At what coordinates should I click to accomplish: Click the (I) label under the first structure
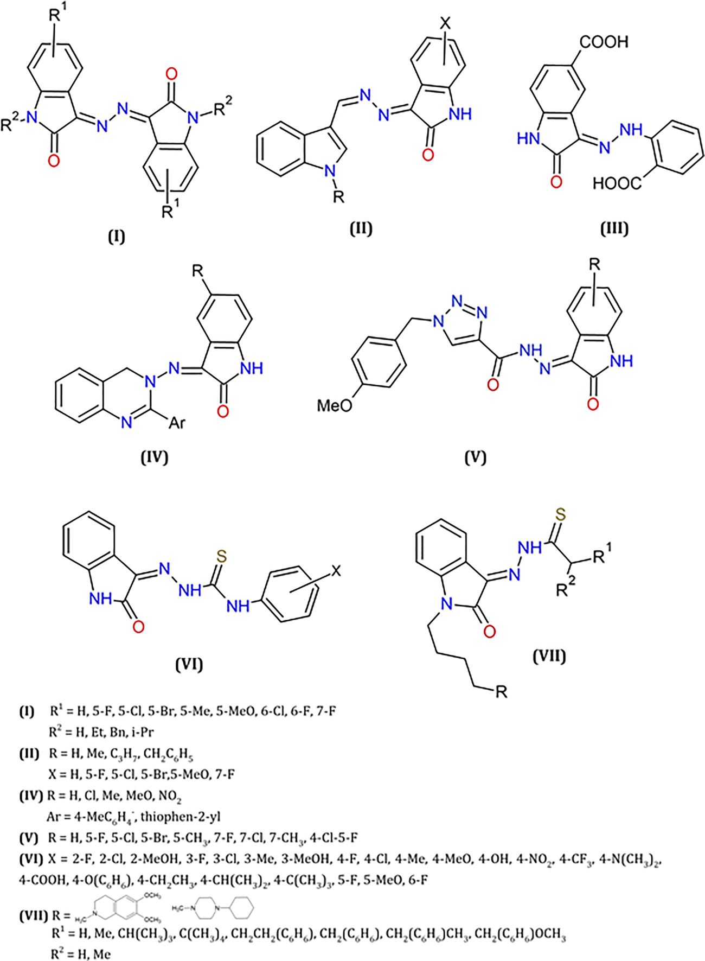click(x=116, y=237)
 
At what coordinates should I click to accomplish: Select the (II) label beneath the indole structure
click(x=361, y=228)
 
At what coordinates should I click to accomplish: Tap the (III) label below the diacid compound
click(x=614, y=228)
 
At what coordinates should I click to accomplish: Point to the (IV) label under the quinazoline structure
click(x=154, y=457)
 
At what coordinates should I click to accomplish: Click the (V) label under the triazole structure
click(x=475, y=457)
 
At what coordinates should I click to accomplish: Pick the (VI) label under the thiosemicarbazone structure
click(x=189, y=664)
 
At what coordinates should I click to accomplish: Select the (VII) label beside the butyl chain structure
click(x=549, y=657)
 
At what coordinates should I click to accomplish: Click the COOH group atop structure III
click(x=604, y=42)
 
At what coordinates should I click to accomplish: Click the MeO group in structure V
click(x=335, y=405)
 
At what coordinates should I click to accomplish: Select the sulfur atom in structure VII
click(x=561, y=514)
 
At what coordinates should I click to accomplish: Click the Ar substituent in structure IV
click(x=177, y=422)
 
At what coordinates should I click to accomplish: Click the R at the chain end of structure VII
click(x=501, y=691)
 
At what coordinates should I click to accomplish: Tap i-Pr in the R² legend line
click(x=143, y=732)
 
